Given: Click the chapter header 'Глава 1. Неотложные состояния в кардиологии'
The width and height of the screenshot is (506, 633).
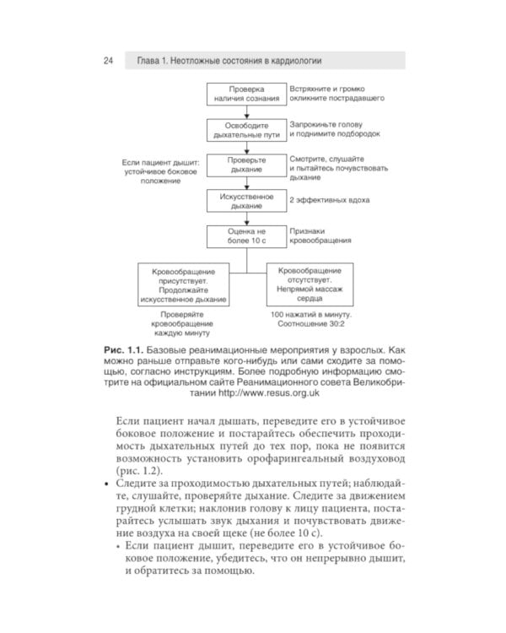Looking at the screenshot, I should (225, 61).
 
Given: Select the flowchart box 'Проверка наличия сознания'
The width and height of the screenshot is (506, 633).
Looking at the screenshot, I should (245, 94).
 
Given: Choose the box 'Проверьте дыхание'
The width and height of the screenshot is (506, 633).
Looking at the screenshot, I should (245, 164).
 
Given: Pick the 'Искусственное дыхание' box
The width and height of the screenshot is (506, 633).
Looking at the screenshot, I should (245, 201).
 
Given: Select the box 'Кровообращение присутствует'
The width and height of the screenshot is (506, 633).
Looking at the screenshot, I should (183, 285).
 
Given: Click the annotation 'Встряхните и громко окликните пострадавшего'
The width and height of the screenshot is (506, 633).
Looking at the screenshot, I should (337, 94).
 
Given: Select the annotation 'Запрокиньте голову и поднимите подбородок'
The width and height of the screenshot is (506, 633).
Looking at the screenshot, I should (335, 128).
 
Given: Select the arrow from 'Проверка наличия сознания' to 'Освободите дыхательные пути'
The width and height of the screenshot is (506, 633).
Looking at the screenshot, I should (245, 111).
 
